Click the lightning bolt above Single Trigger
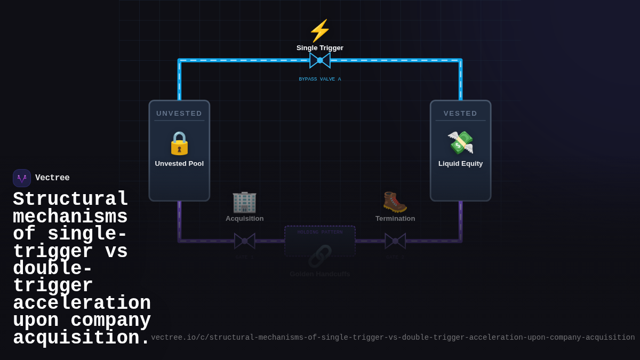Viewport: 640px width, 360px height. (x=320, y=30)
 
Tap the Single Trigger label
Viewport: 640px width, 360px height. (x=320, y=48)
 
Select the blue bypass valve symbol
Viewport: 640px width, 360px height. (x=320, y=60)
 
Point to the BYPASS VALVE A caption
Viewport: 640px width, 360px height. (x=320, y=79)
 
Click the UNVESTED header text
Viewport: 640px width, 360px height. (x=179, y=114)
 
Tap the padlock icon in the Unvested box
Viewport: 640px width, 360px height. (x=179, y=143)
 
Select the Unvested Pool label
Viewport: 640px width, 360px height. (x=179, y=164)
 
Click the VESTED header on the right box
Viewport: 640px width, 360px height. (x=460, y=114)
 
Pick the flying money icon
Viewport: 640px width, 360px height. (x=460, y=142)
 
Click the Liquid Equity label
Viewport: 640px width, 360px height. (x=460, y=164)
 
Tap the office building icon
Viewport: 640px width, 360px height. (x=244, y=202)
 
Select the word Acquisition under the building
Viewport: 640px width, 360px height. (x=244, y=219)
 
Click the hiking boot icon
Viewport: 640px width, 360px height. (x=395, y=202)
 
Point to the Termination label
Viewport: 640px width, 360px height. (x=395, y=219)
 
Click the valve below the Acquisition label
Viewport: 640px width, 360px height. (x=245, y=241)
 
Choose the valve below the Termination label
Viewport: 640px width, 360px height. (x=395, y=241)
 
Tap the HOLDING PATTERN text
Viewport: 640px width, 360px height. (x=320, y=233)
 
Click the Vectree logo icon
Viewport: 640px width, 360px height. (x=22, y=178)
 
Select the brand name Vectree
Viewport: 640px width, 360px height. (x=52, y=178)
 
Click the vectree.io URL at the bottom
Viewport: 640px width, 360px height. (x=393, y=338)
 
